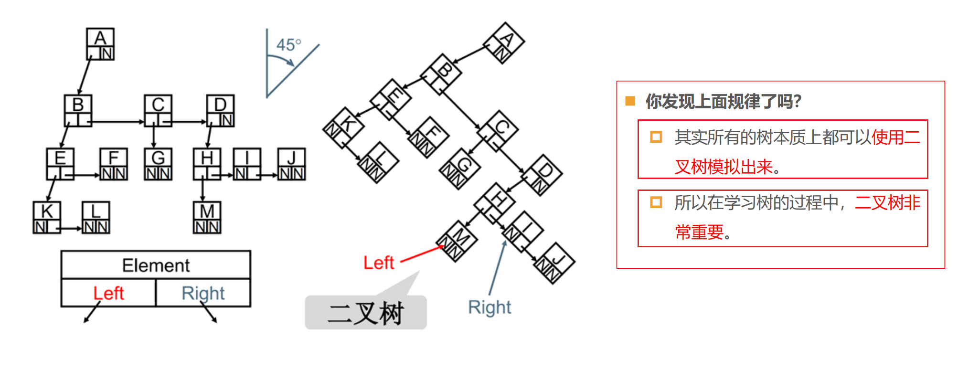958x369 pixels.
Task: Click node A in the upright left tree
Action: click(x=100, y=44)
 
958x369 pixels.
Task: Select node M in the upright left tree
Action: click(x=207, y=218)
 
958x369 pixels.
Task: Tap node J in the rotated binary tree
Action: click(x=554, y=264)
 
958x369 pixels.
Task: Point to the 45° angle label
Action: click(x=289, y=45)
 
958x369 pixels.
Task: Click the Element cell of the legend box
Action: click(x=156, y=265)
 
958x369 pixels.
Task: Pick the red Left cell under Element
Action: click(x=109, y=293)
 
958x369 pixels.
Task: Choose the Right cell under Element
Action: click(x=203, y=293)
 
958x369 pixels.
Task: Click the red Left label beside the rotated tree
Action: click(x=379, y=263)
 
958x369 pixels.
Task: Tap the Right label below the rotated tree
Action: click(x=490, y=307)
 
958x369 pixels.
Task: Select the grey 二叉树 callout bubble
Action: click(x=366, y=312)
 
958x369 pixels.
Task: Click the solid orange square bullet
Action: click(x=630, y=101)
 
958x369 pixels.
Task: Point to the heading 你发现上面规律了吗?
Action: click(x=724, y=101)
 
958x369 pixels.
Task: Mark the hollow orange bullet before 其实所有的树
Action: click(x=656, y=137)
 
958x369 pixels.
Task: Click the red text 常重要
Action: click(x=700, y=232)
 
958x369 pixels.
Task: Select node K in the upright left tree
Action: click(x=47, y=218)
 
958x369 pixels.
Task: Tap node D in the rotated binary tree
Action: click(x=542, y=175)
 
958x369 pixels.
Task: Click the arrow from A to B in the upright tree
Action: click(x=85, y=77)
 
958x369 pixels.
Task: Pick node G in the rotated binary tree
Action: click(x=459, y=169)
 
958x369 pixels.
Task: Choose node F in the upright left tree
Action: click(x=114, y=164)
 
